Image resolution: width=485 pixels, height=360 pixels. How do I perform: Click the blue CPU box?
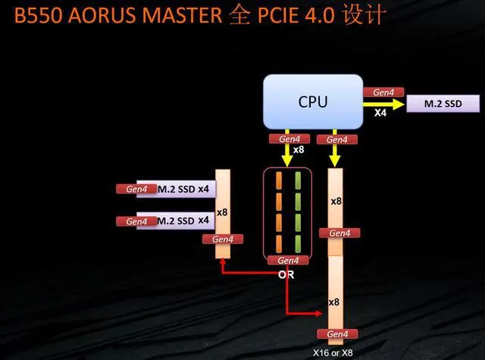313,102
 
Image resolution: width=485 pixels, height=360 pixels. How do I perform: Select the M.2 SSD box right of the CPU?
443,104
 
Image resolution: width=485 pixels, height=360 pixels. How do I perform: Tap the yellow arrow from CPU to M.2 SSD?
383,105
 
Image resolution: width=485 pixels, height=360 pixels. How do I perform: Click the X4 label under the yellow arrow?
380,113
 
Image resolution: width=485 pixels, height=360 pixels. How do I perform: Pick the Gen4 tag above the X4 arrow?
383,92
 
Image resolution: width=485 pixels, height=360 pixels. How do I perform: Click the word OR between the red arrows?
286,274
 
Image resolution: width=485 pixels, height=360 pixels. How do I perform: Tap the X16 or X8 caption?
333,352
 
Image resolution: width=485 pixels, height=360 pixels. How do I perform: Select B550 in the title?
38,15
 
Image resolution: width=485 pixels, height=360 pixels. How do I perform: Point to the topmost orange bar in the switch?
279,180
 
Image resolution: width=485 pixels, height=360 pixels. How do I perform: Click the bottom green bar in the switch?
298,244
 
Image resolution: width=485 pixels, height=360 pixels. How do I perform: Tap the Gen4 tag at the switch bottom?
288,261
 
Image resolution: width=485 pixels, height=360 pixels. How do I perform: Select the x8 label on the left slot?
222,212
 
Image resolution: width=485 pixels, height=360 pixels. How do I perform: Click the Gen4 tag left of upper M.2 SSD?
136,189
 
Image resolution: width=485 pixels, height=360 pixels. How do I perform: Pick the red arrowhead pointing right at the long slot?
319,313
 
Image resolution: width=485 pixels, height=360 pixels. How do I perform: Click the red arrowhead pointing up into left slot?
222,261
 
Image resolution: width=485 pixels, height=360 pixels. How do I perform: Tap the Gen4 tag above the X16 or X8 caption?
337,334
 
